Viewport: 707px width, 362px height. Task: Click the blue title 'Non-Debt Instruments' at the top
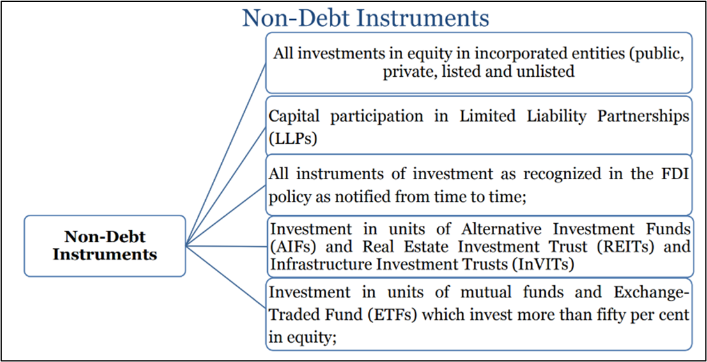click(366, 19)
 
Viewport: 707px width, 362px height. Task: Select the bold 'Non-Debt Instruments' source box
click(105, 246)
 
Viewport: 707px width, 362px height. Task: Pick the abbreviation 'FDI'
click(676, 175)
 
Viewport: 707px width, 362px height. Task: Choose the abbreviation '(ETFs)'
click(391, 314)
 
